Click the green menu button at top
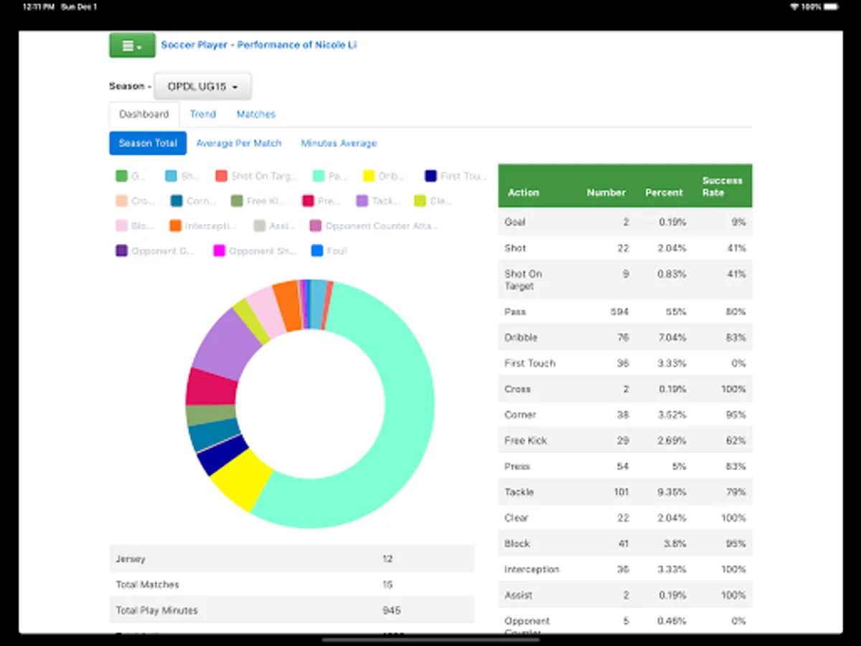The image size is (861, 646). pyautogui.click(x=132, y=45)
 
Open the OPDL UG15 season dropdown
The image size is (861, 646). pyautogui.click(x=202, y=86)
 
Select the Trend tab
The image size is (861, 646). pyautogui.click(x=202, y=114)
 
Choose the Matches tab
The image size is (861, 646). pyautogui.click(x=256, y=114)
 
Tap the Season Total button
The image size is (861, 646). pyautogui.click(x=148, y=143)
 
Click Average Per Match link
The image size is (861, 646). pyautogui.click(x=239, y=143)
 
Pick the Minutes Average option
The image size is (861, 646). pyautogui.click(x=339, y=143)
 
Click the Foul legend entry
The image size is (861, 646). pyautogui.click(x=329, y=251)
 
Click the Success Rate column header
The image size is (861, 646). pyautogui.click(x=722, y=187)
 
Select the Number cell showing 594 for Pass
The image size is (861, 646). pyautogui.click(x=618, y=312)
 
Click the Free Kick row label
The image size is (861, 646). pyautogui.click(x=525, y=441)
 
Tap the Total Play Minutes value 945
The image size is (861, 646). pyautogui.click(x=392, y=611)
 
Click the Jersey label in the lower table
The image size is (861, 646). pyautogui.click(x=131, y=559)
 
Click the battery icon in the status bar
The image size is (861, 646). pyautogui.click(x=829, y=6)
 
